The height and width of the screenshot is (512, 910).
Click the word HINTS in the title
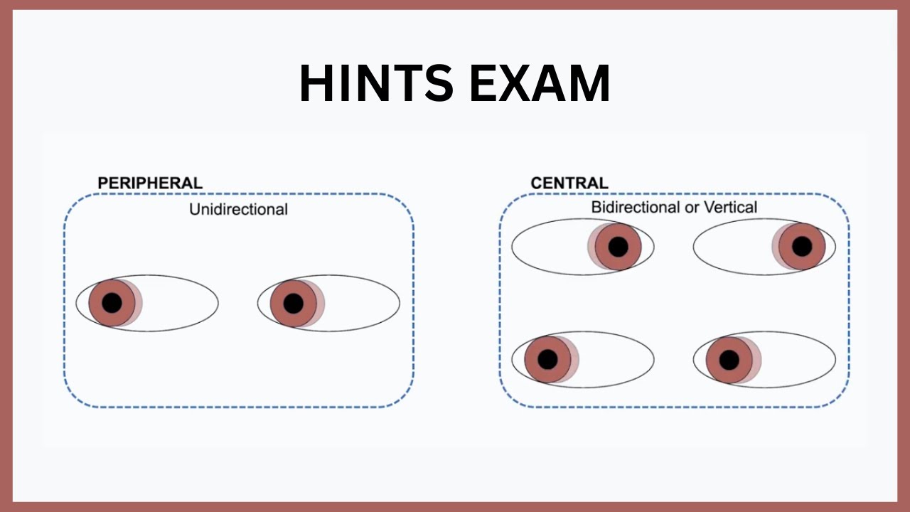[x=376, y=83]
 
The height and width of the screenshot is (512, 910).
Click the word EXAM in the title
[x=540, y=83]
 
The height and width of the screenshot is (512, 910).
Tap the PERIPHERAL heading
[x=150, y=183]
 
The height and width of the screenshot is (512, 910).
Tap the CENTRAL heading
[x=569, y=183]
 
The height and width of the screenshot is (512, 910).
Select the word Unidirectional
[x=238, y=210]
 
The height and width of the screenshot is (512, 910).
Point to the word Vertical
[x=730, y=207]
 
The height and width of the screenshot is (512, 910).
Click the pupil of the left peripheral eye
[x=112, y=303]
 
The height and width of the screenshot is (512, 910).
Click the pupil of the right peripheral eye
[x=294, y=303]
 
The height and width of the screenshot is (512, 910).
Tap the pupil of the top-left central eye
[x=619, y=247]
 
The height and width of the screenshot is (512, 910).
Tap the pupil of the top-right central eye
[x=802, y=247]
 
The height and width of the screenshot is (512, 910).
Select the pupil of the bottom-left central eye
[x=547, y=359]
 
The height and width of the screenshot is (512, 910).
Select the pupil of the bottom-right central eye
[x=729, y=360]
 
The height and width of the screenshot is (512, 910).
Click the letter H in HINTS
[x=316, y=83]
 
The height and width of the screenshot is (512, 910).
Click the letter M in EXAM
[x=589, y=83]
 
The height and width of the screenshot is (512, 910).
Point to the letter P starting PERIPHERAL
[x=103, y=183]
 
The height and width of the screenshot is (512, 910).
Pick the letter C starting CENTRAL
[x=537, y=183]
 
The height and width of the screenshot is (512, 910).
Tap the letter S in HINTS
[x=439, y=83]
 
